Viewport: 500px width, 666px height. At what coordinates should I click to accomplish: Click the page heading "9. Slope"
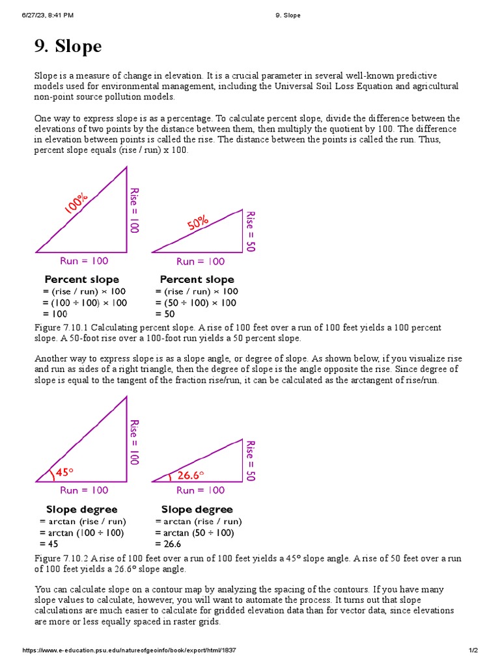pyautogui.click(x=68, y=47)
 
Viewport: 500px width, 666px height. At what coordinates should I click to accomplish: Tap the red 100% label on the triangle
pyautogui.click(x=76, y=203)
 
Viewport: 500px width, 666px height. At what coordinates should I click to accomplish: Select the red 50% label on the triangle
pyautogui.click(x=198, y=224)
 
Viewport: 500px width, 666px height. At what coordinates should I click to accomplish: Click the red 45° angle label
pyautogui.click(x=64, y=473)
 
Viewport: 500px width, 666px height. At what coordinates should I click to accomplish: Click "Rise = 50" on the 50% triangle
pyautogui.click(x=250, y=231)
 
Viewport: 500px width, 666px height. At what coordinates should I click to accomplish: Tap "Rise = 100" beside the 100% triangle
pyautogui.click(x=134, y=210)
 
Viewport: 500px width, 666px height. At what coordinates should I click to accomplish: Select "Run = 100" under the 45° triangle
pyautogui.click(x=84, y=490)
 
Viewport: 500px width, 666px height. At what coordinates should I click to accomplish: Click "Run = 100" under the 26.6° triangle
pyautogui.click(x=201, y=490)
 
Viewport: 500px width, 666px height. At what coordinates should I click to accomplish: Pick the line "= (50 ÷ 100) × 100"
pyautogui.click(x=196, y=302)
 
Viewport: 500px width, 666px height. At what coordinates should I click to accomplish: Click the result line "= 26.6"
pyautogui.click(x=168, y=544)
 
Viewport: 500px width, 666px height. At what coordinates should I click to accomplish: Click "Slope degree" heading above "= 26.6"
pyautogui.click(x=197, y=509)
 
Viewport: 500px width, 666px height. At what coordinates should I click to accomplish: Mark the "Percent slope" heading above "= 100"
pyautogui.click(x=81, y=280)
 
